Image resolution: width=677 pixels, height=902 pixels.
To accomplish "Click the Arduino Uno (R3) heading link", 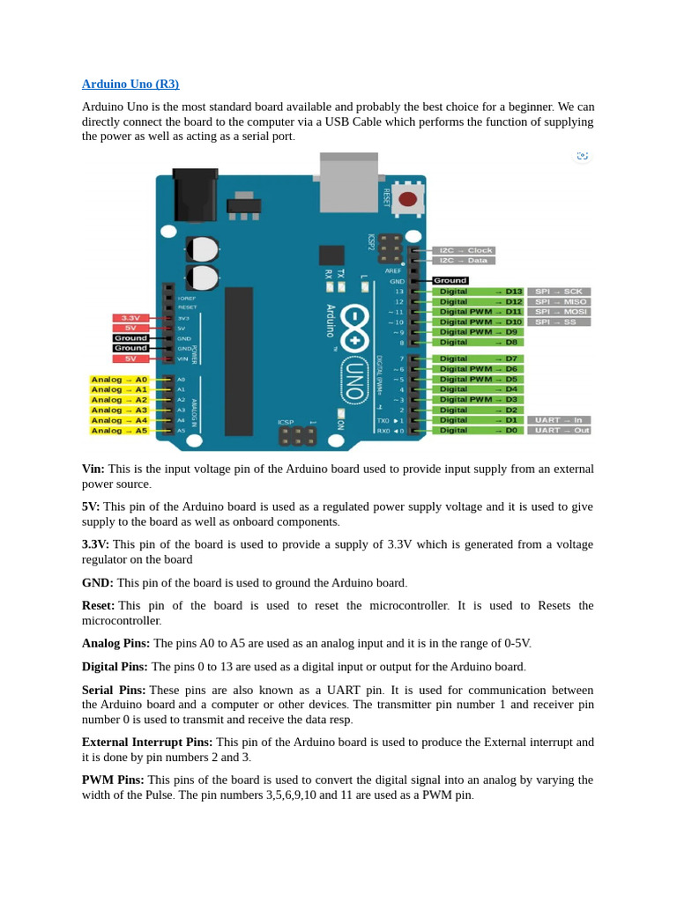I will tap(130, 85).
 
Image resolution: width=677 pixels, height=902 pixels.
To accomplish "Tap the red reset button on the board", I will tap(407, 199).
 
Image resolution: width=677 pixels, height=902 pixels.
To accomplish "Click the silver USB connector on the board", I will tap(348, 182).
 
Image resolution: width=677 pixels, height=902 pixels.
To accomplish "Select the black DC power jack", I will tap(195, 195).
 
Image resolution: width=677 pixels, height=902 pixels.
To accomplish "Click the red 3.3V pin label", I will tap(130, 318).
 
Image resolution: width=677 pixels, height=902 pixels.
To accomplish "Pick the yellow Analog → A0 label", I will tap(119, 380).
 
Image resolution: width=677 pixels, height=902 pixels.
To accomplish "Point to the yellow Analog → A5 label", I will tap(119, 431).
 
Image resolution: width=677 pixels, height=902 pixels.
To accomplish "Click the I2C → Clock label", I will tap(464, 250).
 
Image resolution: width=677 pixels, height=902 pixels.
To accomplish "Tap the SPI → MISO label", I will tap(559, 301).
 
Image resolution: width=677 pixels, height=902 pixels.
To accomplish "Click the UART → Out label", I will tap(559, 431).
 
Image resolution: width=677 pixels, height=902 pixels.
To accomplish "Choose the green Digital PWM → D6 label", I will tap(478, 369).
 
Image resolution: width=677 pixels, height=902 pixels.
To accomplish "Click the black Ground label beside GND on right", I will tap(450, 281).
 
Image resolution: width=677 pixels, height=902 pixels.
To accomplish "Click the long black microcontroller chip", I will tap(238, 361).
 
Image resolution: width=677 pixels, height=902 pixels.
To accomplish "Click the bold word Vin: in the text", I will tap(93, 469).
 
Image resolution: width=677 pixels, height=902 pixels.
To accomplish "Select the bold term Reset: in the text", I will tap(98, 606).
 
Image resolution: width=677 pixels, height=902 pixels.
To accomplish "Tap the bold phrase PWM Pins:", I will tap(113, 780).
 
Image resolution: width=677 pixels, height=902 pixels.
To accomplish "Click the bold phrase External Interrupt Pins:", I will tap(147, 743).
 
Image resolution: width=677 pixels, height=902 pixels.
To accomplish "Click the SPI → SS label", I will tap(559, 322).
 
